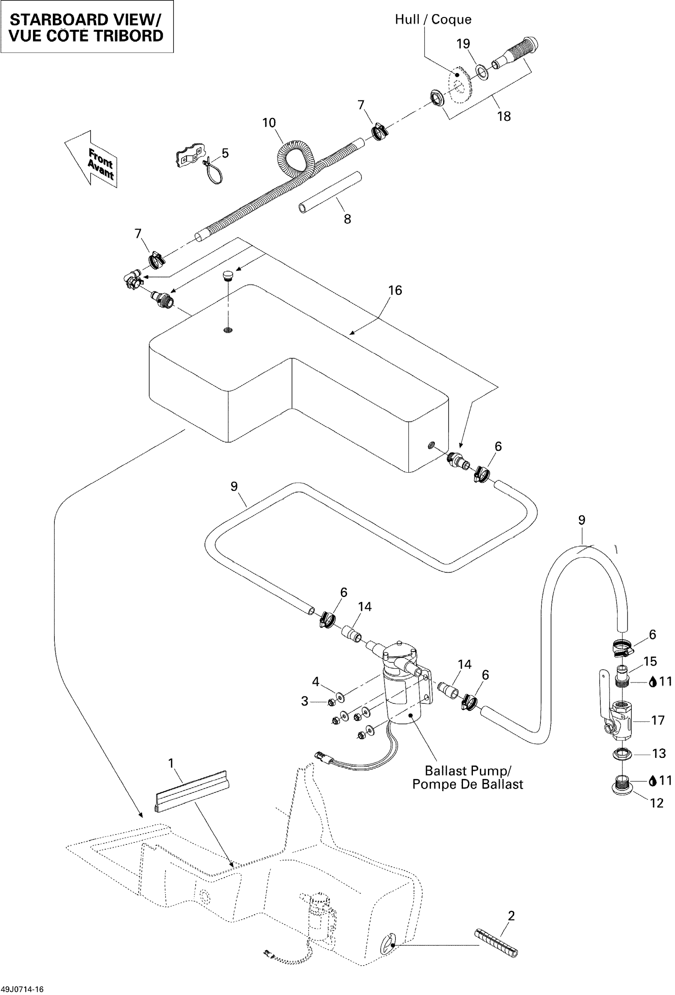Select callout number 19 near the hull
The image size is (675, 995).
[x=463, y=44]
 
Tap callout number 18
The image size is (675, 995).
[x=504, y=116]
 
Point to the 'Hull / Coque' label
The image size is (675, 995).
[x=433, y=19]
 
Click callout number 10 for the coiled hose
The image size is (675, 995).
[x=269, y=123]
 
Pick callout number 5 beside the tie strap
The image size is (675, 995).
[x=225, y=153]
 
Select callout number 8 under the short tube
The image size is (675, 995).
[x=347, y=219]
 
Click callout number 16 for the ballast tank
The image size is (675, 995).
[x=395, y=290]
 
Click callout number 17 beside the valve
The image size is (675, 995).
[x=658, y=720]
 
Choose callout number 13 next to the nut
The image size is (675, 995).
[x=659, y=753]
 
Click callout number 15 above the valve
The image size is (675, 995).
[x=650, y=661]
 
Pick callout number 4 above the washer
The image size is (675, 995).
[x=315, y=681]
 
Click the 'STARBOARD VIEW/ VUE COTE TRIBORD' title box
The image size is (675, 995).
[x=87, y=27]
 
